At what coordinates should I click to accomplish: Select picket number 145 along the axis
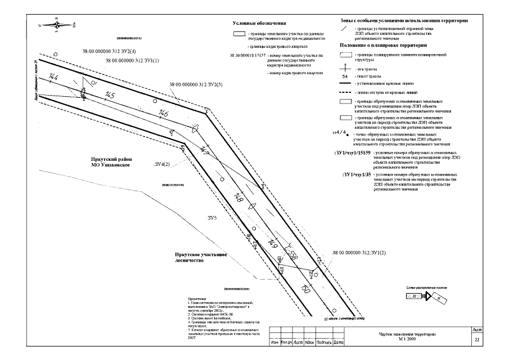(110, 95)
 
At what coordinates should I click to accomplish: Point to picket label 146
(164, 114)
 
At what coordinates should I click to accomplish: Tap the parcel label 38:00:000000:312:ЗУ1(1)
(132, 60)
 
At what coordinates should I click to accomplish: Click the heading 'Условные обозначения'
(259, 24)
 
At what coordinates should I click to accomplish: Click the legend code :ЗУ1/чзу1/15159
(351, 152)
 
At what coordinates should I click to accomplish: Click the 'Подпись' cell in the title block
(323, 342)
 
